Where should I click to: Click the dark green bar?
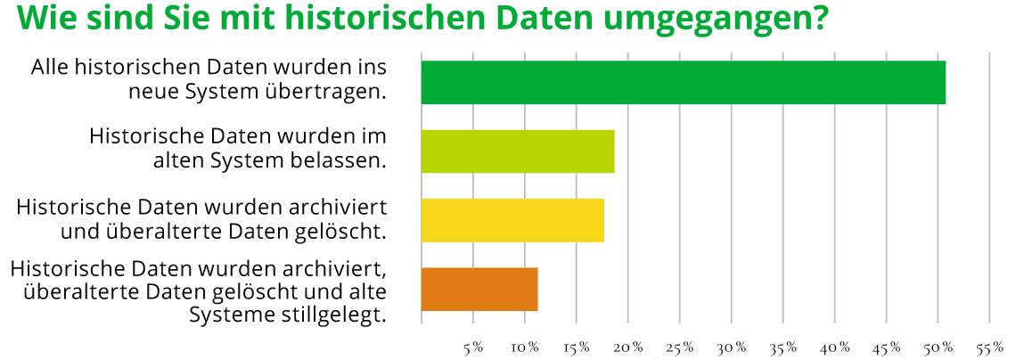pos(683,83)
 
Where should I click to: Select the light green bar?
pos(518,151)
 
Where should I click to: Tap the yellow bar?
pos(512,220)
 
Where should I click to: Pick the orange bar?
pos(479,290)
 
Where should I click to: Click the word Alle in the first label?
pos(50,68)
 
